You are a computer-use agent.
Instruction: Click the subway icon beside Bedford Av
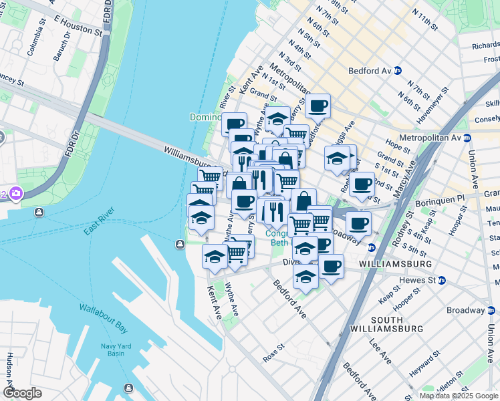pos(397,70)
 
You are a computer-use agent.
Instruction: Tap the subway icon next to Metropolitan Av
pos(467,138)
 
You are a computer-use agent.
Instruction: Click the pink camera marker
pos(15,194)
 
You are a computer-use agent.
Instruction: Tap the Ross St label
pos(274,353)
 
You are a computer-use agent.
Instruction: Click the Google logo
pos(22,392)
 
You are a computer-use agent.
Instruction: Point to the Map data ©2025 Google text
pos(458,396)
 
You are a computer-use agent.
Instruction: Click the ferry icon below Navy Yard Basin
pos(128,388)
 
